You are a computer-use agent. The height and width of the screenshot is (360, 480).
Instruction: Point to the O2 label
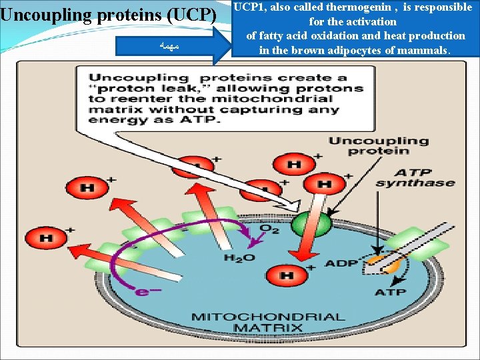click(x=269, y=229)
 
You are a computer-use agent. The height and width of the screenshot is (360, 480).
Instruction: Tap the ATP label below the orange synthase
click(x=390, y=292)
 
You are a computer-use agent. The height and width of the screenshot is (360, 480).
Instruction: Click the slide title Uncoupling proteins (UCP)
click(x=109, y=15)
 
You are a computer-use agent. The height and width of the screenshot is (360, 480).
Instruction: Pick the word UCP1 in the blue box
click(x=248, y=7)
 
